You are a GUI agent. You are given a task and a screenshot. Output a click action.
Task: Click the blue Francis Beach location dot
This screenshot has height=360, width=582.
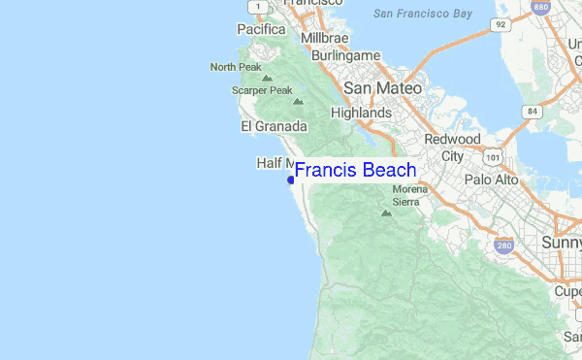pyautogui.click(x=290, y=180)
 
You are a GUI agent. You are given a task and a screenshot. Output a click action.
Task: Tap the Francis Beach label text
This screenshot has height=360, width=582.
pyautogui.click(x=355, y=171)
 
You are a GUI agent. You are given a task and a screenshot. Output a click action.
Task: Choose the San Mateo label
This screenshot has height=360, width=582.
pyautogui.click(x=383, y=87)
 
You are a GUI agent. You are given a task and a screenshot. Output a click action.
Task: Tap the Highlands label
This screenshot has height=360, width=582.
pyautogui.click(x=361, y=113)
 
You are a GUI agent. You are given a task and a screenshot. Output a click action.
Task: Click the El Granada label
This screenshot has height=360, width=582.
pyautogui.click(x=274, y=126)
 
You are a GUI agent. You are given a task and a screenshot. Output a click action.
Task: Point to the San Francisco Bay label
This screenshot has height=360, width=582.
pyautogui.click(x=423, y=14)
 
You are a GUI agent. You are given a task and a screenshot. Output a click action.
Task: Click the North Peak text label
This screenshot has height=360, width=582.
pyautogui.click(x=236, y=67)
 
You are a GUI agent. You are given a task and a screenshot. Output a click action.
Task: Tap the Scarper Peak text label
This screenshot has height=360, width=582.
pyautogui.click(x=262, y=90)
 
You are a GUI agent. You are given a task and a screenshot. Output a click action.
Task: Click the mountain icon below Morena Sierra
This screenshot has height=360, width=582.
pyautogui.click(x=387, y=212)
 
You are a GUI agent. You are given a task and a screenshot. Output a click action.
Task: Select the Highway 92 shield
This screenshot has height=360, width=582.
pyautogui.click(x=500, y=24)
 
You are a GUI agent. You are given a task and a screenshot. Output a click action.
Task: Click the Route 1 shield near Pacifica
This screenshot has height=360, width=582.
pyautogui.click(x=257, y=7)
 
